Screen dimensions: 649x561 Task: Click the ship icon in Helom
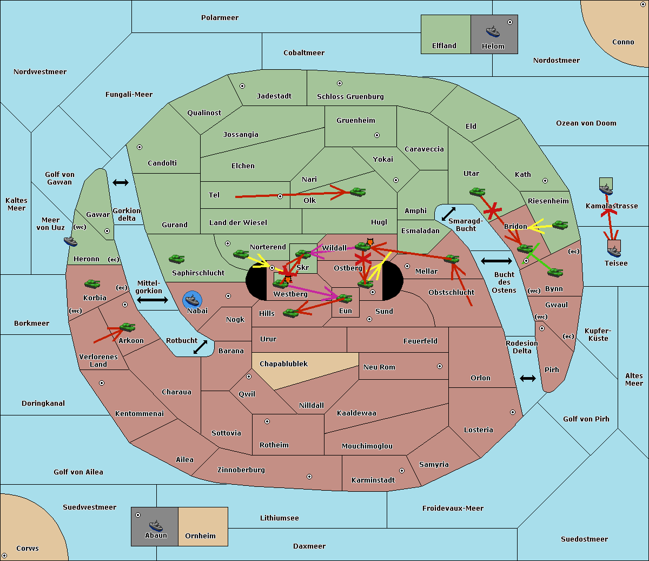click(x=493, y=31)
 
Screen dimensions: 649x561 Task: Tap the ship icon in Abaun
click(x=156, y=525)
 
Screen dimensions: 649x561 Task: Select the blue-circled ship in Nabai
click(x=192, y=300)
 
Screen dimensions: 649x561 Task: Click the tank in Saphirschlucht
click(x=176, y=259)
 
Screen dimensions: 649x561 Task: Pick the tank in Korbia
click(x=92, y=283)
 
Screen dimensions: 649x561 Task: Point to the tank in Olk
click(x=357, y=192)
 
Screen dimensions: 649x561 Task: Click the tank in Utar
click(x=477, y=192)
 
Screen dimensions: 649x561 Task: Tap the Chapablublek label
click(x=283, y=364)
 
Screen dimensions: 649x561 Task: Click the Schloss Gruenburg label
click(x=350, y=96)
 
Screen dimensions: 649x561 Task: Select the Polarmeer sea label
click(x=220, y=18)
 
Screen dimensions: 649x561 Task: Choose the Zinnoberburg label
click(x=241, y=470)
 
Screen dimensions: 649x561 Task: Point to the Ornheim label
click(x=200, y=536)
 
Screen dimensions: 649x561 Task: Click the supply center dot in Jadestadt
click(x=242, y=86)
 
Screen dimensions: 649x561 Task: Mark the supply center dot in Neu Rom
click(x=440, y=366)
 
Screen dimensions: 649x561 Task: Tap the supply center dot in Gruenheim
click(x=377, y=135)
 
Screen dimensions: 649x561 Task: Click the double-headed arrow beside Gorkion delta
click(x=121, y=182)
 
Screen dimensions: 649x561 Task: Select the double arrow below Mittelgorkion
click(x=153, y=300)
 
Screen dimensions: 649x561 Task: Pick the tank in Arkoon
click(x=128, y=327)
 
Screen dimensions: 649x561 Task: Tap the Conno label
click(x=623, y=42)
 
